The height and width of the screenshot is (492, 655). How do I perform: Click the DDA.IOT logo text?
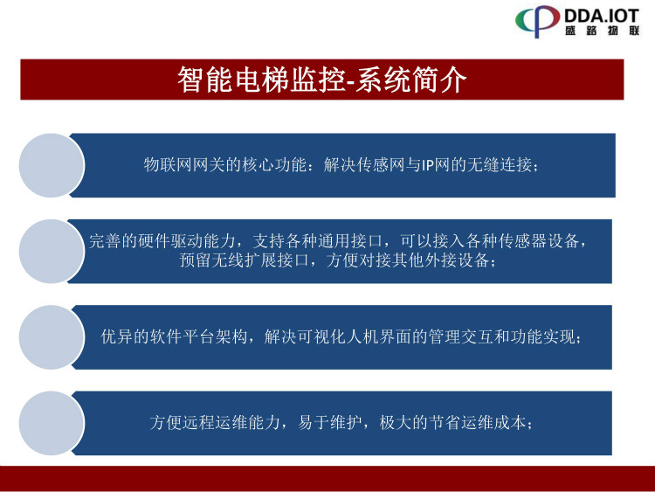[x=602, y=16]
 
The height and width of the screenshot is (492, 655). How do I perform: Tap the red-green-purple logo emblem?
[x=538, y=21]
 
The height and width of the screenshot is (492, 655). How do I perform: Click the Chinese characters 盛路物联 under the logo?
[x=603, y=31]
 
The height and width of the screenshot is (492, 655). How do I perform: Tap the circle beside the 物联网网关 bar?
[x=52, y=165]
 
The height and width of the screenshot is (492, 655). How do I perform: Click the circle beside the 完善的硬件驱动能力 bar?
[x=52, y=251]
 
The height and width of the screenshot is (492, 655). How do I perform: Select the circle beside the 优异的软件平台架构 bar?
[x=52, y=337]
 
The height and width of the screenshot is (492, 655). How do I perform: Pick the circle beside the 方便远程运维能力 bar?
[x=52, y=423]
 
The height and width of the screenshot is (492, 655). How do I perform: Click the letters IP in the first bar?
[x=427, y=165]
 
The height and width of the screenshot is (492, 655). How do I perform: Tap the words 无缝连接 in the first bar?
[x=500, y=165]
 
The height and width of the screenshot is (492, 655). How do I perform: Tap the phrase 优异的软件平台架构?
[x=175, y=337]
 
